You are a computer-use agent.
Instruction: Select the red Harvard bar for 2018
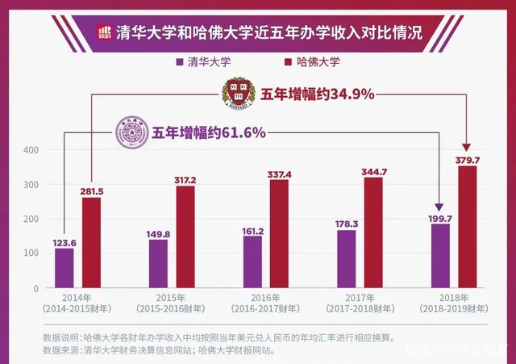pyautogui.click(x=468, y=227)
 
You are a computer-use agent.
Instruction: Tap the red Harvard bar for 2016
pyautogui.click(x=278, y=233)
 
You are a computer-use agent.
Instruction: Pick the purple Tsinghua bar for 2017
pyautogui.click(x=346, y=258)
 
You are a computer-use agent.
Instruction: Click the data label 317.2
pyautogui.click(x=185, y=179)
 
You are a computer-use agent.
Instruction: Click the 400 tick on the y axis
pyautogui.click(x=31, y=150)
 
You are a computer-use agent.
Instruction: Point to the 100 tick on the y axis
pyautogui.click(x=31, y=253)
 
